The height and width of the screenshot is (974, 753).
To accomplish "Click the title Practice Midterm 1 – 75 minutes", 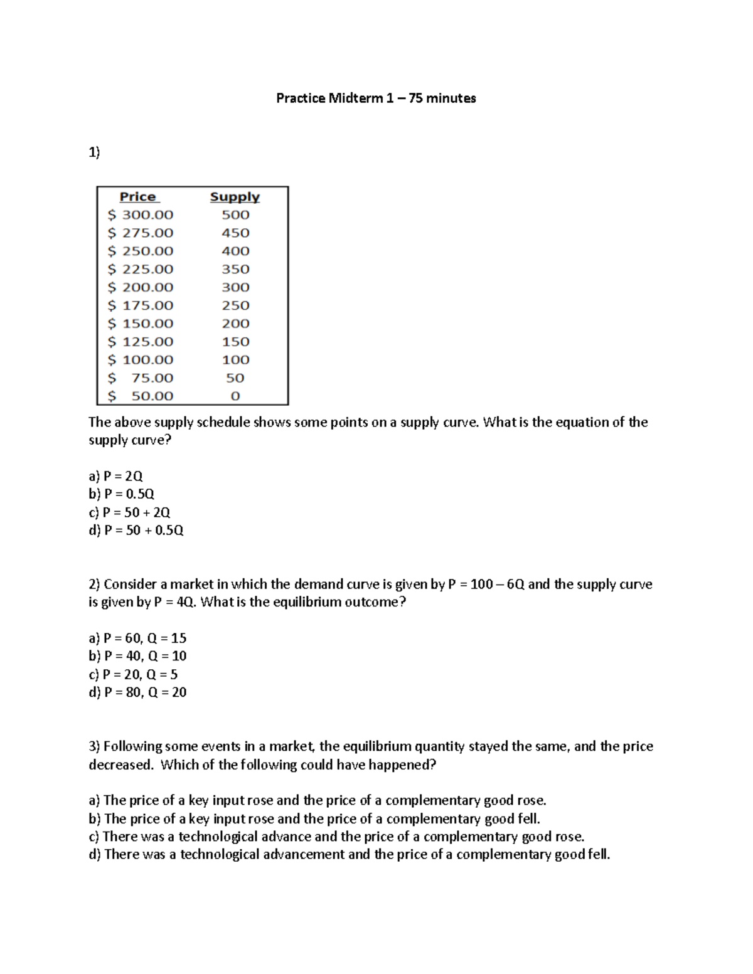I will pyautogui.click(x=376, y=98).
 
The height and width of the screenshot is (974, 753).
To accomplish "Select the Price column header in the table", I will pyautogui.click(x=138, y=196).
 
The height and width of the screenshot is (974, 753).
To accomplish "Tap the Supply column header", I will pyautogui.click(x=235, y=196).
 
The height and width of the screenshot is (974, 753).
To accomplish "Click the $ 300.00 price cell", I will pyautogui.click(x=141, y=214).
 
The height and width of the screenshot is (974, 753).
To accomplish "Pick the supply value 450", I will pyautogui.click(x=235, y=233).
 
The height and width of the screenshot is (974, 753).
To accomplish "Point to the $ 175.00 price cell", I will pyautogui.click(x=141, y=305).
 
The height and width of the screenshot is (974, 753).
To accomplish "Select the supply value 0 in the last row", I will pyautogui.click(x=235, y=396).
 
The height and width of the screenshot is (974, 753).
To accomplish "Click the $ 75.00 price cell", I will pyautogui.click(x=141, y=378).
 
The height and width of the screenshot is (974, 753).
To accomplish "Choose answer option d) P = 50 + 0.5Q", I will pyautogui.click(x=136, y=531).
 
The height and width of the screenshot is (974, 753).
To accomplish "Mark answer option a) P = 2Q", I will pyautogui.click(x=116, y=476).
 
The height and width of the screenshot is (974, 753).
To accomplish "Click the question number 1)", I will pyautogui.click(x=94, y=152).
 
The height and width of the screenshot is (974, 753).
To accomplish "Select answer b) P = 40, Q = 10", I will pyautogui.click(x=137, y=656).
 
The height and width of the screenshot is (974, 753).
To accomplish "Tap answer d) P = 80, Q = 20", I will pyautogui.click(x=137, y=692).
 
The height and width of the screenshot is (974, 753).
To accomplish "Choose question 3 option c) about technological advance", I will pyautogui.click(x=336, y=837).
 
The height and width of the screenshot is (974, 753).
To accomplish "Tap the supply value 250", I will pyautogui.click(x=235, y=305).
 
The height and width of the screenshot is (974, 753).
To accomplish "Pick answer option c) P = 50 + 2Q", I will pyautogui.click(x=129, y=512).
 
